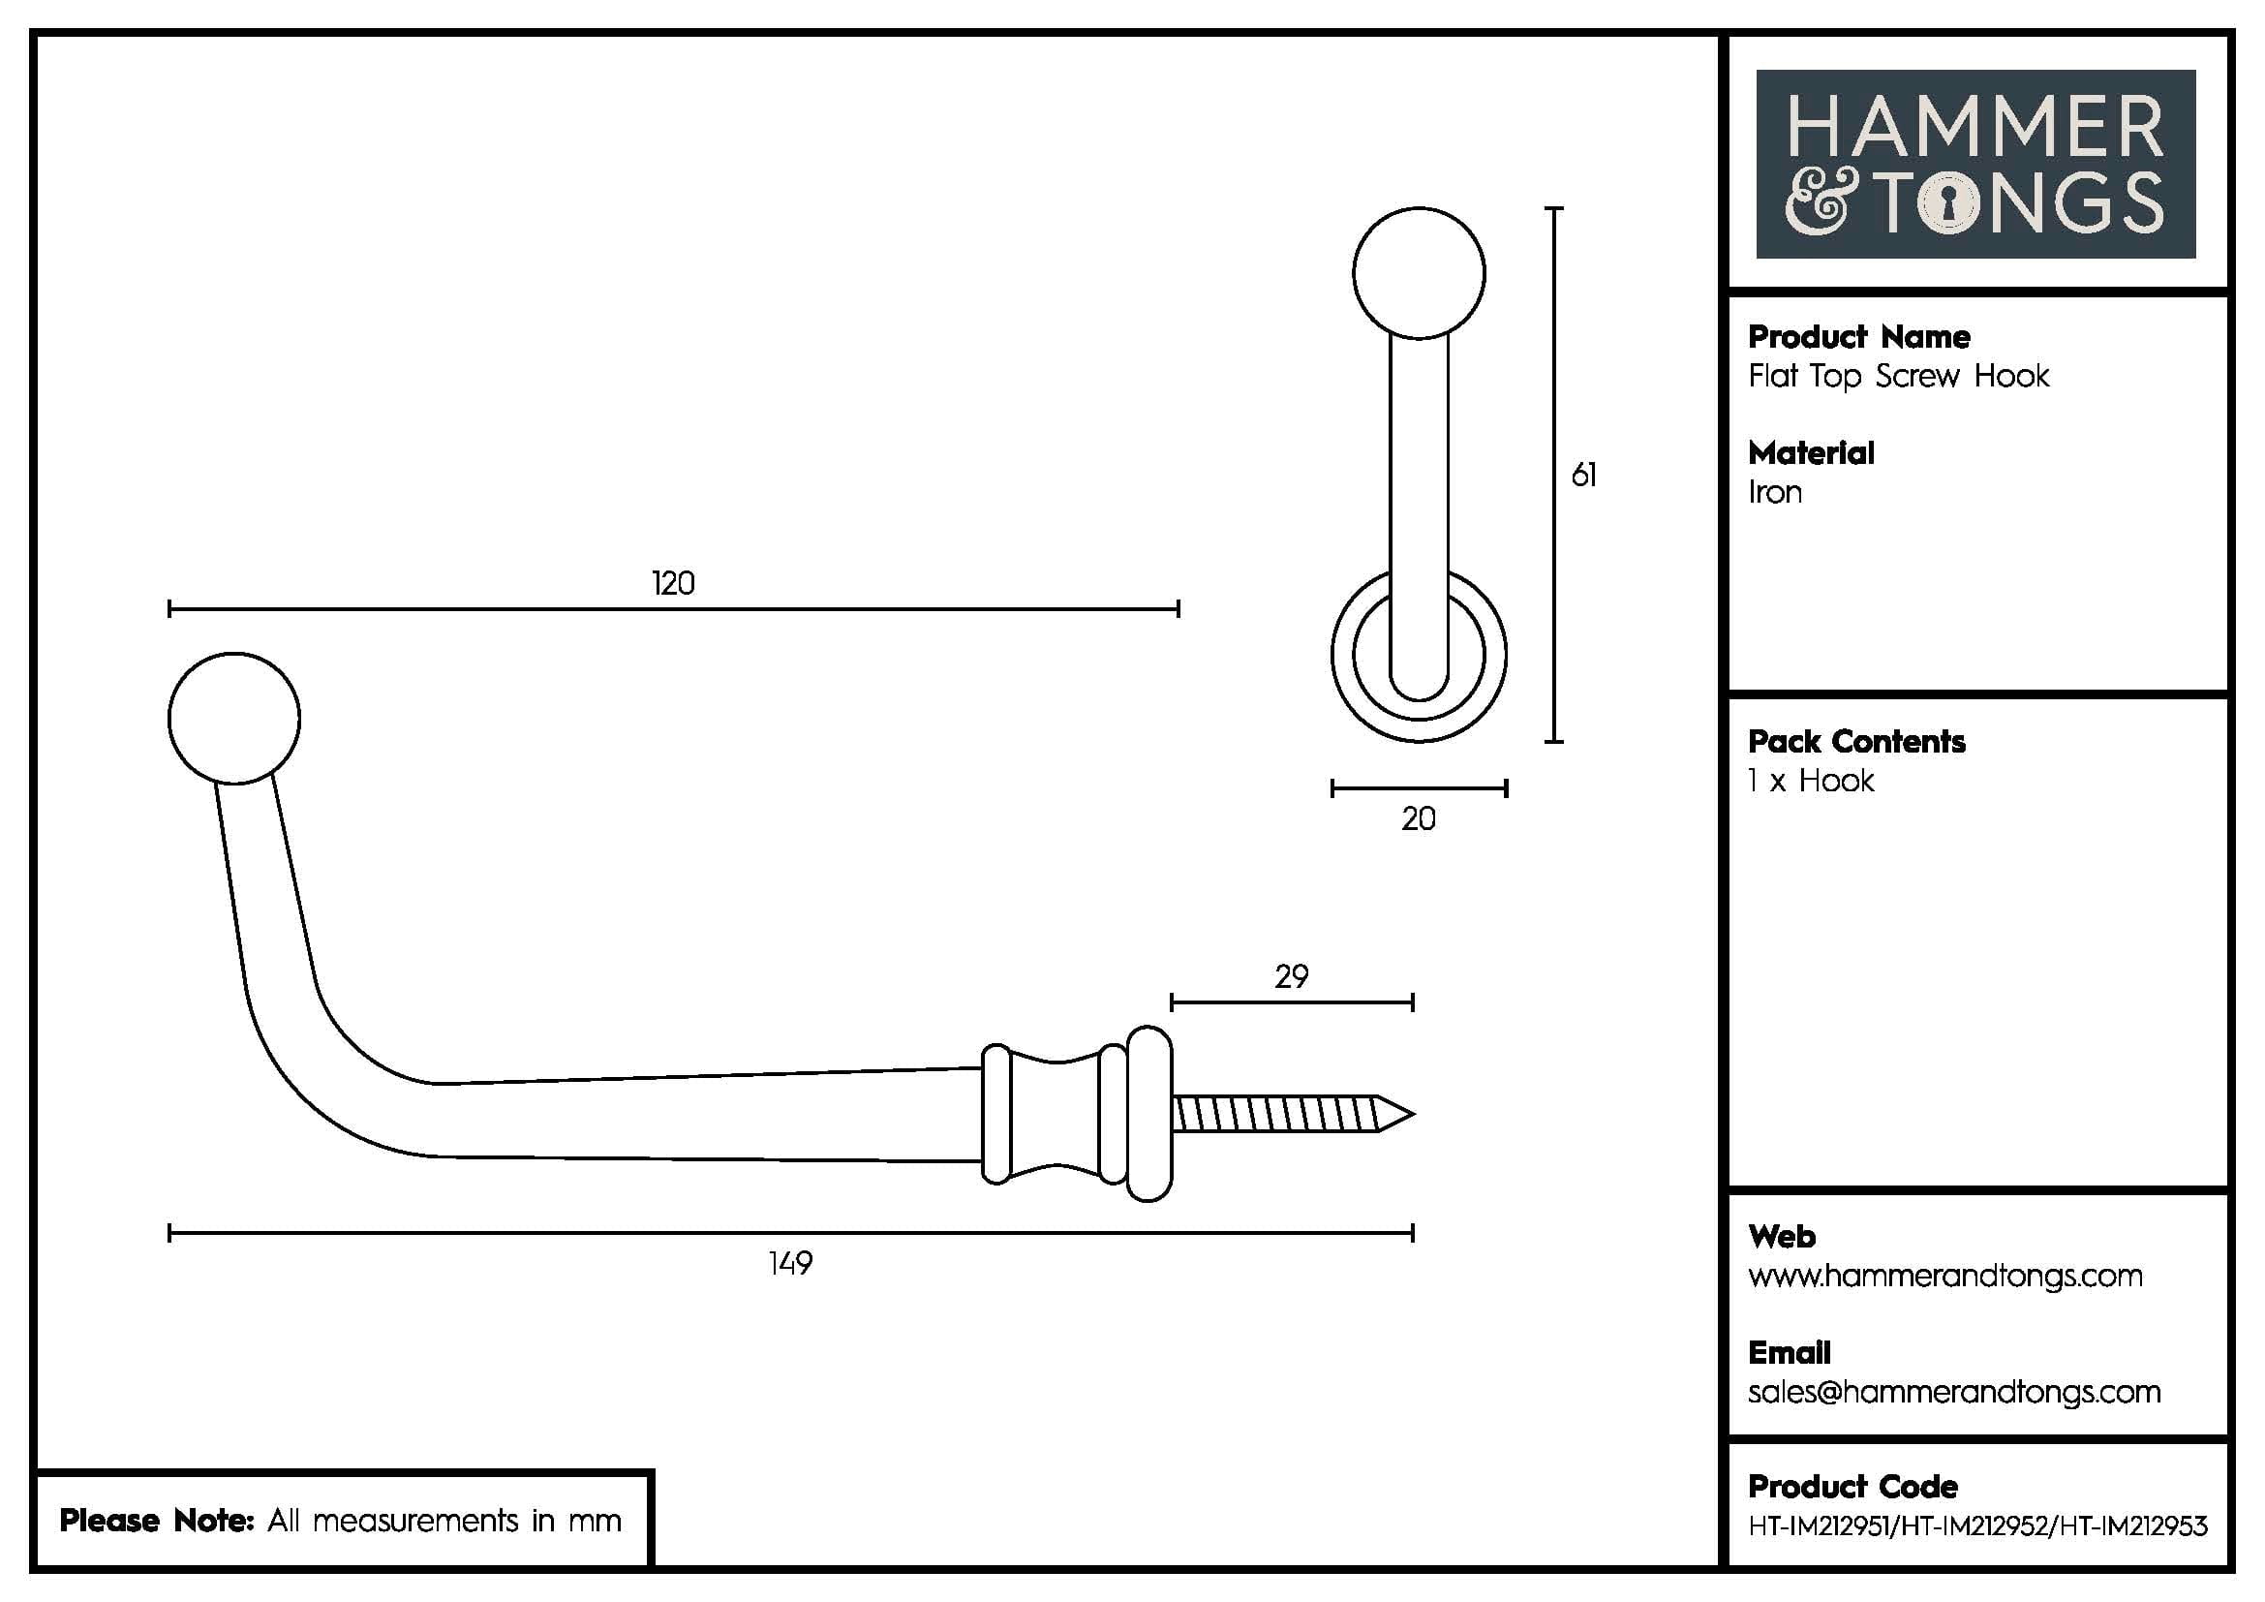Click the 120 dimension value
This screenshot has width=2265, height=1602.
(673, 584)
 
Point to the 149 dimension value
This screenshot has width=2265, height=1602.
(790, 1264)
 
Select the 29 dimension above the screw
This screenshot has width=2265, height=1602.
(1292, 976)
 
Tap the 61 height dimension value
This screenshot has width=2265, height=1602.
(1583, 476)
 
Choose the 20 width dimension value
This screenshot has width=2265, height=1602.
(1419, 818)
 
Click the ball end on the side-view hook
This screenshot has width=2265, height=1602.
(233, 718)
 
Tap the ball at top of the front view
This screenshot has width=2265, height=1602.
(1419, 273)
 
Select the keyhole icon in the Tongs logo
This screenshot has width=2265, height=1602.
(1948, 205)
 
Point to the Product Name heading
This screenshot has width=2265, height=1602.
(1858, 337)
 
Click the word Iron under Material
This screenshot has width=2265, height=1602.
(1775, 492)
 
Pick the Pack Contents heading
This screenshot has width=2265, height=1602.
(1855, 742)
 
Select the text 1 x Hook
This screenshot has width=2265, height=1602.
(1810, 782)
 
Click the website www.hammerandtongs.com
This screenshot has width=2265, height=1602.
(1944, 1277)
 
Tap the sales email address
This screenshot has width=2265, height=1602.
(1953, 1392)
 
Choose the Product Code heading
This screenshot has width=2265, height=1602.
(1852, 1487)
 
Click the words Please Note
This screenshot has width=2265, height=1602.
(157, 1521)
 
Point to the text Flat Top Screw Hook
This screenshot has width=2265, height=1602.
(1898, 376)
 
